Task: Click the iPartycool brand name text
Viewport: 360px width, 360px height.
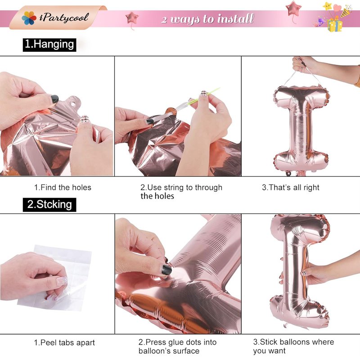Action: [x=64, y=18]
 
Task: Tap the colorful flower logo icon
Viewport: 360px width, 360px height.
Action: [x=29, y=18]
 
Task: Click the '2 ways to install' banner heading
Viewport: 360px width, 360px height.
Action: [x=207, y=18]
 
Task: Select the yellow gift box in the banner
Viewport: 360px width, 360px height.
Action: [x=335, y=25]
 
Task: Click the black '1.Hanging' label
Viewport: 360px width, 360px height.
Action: [x=49, y=45]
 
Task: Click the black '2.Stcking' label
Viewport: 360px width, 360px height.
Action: [x=49, y=205]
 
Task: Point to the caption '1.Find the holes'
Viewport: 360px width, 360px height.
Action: [x=63, y=187]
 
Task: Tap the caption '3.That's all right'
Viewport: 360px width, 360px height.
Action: [x=291, y=187]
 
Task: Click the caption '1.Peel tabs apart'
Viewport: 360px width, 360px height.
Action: [x=64, y=342]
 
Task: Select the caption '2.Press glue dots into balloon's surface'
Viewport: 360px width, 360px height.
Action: [x=177, y=346]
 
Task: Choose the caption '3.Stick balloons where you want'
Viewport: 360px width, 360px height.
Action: [x=293, y=346]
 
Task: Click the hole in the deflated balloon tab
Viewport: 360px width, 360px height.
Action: [x=73, y=104]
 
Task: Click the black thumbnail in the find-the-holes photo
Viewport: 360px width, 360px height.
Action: [x=55, y=99]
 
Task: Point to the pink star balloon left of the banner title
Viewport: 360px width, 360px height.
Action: [x=132, y=18]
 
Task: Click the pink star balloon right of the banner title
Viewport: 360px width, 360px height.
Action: [x=293, y=9]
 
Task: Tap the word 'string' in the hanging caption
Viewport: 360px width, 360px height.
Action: [x=174, y=188]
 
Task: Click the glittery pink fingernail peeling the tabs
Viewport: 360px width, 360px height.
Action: [x=62, y=281]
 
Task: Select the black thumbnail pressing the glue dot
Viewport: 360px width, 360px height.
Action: [x=166, y=270]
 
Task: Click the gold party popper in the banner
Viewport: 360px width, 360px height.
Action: [x=346, y=12]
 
